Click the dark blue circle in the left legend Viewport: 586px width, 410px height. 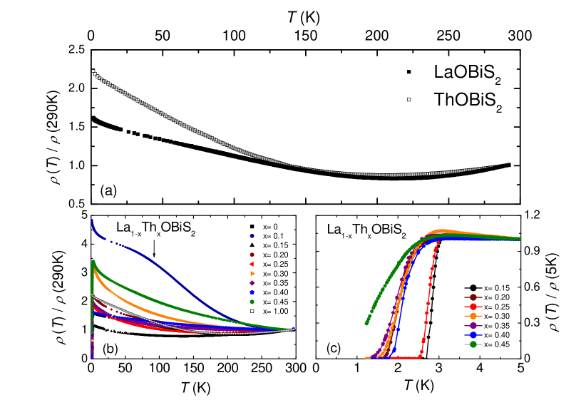click(x=252, y=235)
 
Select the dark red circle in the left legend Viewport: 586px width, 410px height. click(x=252, y=255)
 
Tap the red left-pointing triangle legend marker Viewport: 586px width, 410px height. click(x=252, y=264)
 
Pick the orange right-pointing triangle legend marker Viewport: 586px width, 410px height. click(x=252, y=273)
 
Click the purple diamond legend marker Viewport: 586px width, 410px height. click(x=252, y=283)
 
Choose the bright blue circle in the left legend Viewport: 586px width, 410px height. click(x=252, y=292)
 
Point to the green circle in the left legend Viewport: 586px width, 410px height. click(x=252, y=302)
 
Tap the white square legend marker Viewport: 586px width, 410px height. click(x=252, y=311)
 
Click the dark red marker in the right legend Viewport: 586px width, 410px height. click(x=473, y=297)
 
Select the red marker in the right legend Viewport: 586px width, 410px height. click(x=473, y=307)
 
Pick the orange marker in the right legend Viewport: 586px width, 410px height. click(x=473, y=316)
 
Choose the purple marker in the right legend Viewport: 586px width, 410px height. click(x=473, y=325)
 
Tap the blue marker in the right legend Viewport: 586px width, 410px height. click(x=473, y=335)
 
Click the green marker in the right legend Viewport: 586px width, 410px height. click(x=473, y=344)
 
